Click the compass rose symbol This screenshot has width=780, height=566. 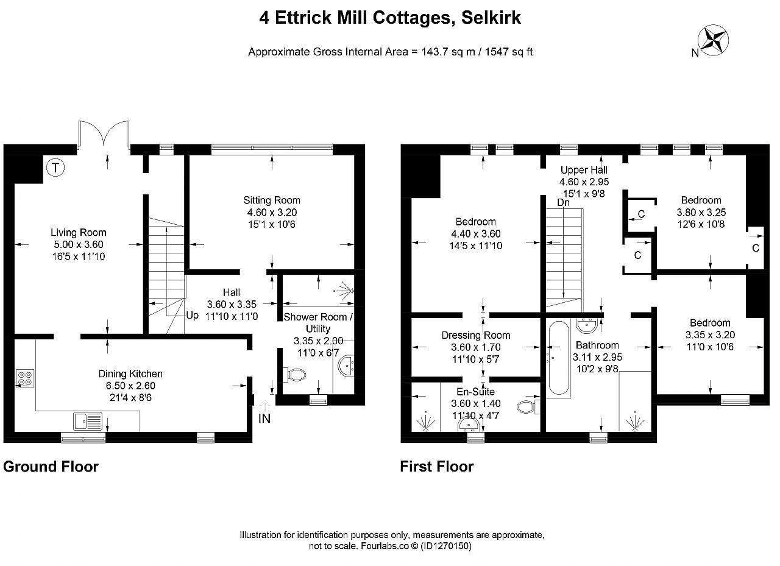[x=713, y=40]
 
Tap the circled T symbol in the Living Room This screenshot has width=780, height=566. [x=55, y=168]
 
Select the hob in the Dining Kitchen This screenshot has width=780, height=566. [x=25, y=378]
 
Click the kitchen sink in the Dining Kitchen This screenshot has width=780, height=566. [x=88, y=421]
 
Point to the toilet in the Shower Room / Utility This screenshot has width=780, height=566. [x=294, y=375]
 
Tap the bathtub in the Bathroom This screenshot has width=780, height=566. [x=559, y=358]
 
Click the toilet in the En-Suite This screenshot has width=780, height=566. [x=528, y=406]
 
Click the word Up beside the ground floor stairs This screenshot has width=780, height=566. [x=192, y=316]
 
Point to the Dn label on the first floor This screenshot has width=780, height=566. [x=563, y=202]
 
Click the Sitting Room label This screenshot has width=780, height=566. [x=272, y=200]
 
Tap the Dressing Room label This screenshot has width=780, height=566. [x=476, y=335]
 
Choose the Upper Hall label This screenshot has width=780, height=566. [x=584, y=170]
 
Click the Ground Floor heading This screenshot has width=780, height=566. [x=51, y=467]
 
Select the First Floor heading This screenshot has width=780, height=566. [x=437, y=467]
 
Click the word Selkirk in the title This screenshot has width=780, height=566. [x=491, y=18]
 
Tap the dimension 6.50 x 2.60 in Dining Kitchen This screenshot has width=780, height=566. [x=130, y=386]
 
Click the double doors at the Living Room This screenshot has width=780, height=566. [x=104, y=133]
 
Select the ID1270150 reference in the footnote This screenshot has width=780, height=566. [x=445, y=546]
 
